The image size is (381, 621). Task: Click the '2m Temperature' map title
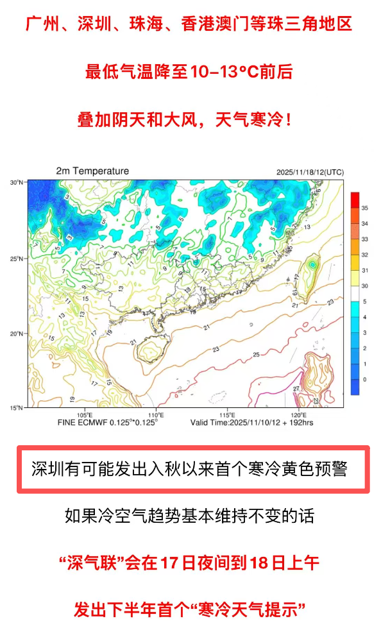(92, 171)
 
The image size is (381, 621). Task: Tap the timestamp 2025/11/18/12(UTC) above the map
(310, 172)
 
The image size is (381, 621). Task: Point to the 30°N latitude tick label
(17, 183)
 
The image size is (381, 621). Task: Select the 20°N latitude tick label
(17, 334)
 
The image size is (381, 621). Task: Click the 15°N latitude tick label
(17, 407)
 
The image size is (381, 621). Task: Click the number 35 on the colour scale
(364, 208)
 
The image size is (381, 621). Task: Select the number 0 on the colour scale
(364, 379)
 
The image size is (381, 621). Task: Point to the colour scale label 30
(364, 286)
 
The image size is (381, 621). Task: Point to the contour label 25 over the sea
(257, 355)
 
